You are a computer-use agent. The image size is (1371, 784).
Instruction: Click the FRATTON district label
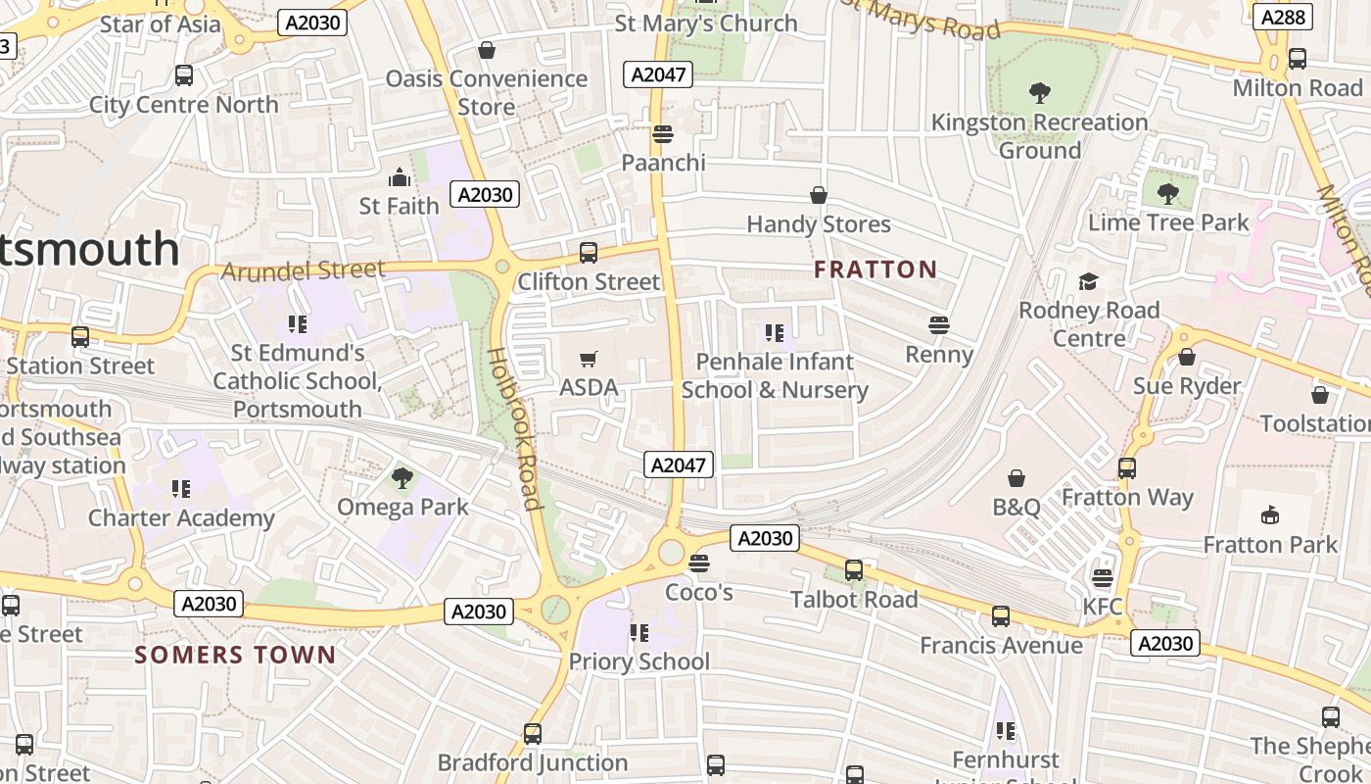[x=875, y=269]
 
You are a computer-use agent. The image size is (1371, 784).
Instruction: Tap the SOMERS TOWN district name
[x=235, y=655]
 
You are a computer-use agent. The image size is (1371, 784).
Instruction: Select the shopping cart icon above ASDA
[x=589, y=360]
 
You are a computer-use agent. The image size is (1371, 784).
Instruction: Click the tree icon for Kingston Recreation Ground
[x=1040, y=93]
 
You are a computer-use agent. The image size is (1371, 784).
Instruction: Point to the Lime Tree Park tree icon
[x=1167, y=193]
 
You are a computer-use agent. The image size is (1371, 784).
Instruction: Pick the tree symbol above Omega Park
[x=402, y=478]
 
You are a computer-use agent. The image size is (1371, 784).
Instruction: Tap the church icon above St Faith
[x=399, y=177]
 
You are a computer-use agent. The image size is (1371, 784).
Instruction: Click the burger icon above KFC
[x=1103, y=578]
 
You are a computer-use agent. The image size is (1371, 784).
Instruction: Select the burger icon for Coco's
[x=698, y=563]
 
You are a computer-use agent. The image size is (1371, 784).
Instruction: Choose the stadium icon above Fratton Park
[x=1270, y=514]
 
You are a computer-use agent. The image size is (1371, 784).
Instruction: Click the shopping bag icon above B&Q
[x=1016, y=478]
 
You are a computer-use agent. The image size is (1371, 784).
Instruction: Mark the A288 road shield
[x=1282, y=17]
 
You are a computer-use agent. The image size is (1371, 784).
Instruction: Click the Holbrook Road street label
[x=515, y=429]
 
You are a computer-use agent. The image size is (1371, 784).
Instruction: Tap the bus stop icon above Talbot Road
[x=854, y=570]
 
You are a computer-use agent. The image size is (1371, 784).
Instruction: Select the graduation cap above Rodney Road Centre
[x=1088, y=282]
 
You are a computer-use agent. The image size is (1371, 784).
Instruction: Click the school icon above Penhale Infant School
[x=775, y=333]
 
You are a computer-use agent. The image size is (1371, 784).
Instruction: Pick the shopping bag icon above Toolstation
[x=1319, y=395]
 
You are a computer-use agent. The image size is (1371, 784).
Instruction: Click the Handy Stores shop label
[x=819, y=224]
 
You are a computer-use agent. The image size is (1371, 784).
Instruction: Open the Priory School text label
[x=639, y=661]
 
